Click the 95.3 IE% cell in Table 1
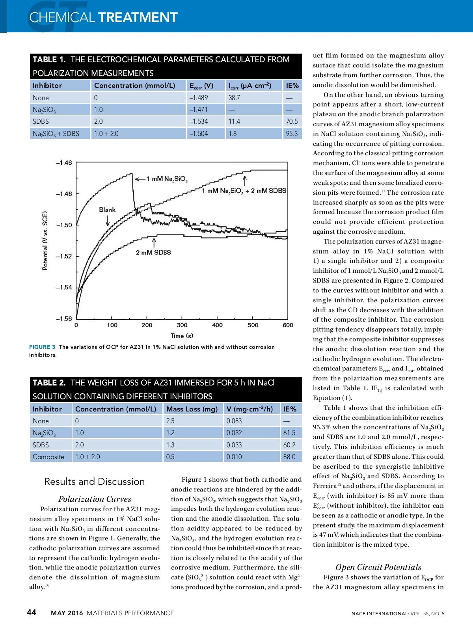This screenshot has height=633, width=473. click(x=292, y=134)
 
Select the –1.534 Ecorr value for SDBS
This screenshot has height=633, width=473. click(x=198, y=121)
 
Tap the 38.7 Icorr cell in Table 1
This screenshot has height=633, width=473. click(x=234, y=98)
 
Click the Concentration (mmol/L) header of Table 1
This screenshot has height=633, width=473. click(x=134, y=86)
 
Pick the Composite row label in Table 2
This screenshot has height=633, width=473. click(x=48, y=457)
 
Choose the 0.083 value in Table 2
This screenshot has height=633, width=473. click(x=234, y=421)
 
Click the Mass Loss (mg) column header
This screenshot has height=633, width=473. click(x=192, y=409)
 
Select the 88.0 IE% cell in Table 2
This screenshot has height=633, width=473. click(x=289, y=457)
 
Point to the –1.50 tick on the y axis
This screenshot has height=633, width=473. click(x=64, y=225)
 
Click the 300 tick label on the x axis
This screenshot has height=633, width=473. click(x=182, y=325)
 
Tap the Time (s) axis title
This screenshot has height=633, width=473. click(x=182, y=336)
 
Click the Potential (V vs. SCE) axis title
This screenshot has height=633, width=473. click(x=45, y=241)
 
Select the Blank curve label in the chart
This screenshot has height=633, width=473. click(x=107, y=210)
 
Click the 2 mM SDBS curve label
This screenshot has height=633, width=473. click(x=153, y=252)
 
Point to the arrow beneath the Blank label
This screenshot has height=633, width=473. click(x=108, y=221)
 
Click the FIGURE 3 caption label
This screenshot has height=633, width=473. click(x=42, y=347)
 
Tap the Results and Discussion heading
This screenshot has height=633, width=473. click(x=95, y=482)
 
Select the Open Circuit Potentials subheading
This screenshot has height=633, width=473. click(x=378, y=567)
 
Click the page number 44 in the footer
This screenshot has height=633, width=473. click(x=32, y=613)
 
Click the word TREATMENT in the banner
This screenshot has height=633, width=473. click(x=138, y=17)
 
